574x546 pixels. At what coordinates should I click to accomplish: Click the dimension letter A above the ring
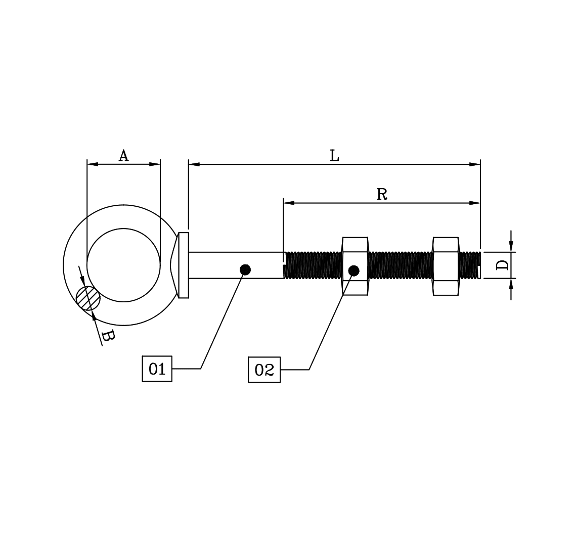point(123,156)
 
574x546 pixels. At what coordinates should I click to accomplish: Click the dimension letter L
point(334,156)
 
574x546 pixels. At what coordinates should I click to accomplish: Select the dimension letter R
point(382,194)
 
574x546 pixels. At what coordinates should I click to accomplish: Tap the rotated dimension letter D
point(502,265)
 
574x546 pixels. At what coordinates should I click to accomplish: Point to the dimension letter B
point(108,335)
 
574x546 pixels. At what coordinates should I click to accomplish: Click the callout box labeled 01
point(157,369)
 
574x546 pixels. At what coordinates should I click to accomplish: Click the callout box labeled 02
point(264,370)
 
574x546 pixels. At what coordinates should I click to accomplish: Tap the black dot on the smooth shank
point(245,270)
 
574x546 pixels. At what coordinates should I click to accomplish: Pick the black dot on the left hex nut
point(354,270)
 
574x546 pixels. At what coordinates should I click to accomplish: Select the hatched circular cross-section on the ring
point(88,298)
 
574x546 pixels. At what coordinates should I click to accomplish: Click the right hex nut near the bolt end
point(446,266)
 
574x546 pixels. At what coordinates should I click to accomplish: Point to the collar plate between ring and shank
point(183,265)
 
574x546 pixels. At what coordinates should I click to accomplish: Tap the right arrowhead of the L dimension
point(475,164)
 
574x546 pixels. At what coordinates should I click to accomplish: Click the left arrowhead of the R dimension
point(289,203)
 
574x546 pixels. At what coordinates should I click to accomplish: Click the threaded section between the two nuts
point(400,265)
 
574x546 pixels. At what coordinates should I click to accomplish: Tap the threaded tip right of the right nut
point(470,265)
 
